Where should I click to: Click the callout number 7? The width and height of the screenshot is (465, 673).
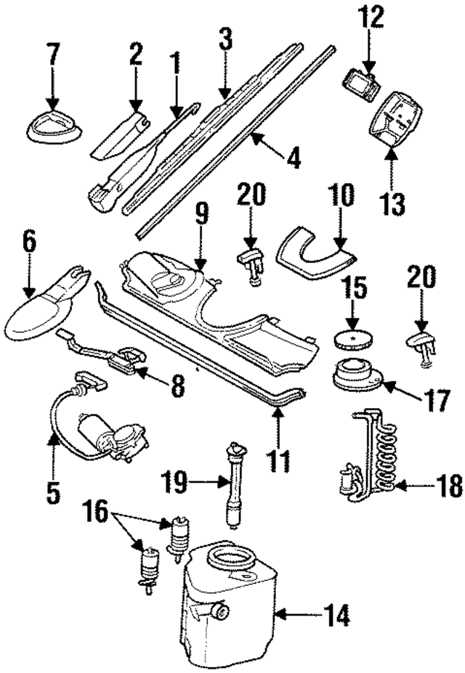53,55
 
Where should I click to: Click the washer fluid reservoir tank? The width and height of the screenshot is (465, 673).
229,617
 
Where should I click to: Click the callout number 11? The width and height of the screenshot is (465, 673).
279,459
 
